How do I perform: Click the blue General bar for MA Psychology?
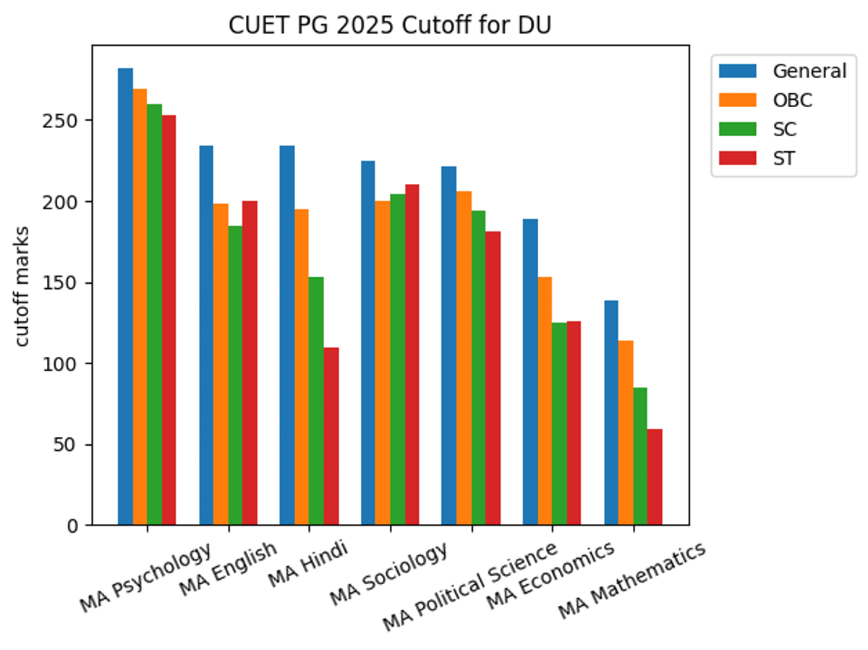tap(125, 297)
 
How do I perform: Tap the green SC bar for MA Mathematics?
tap(640, 456)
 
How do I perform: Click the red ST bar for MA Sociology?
tap(412, 355)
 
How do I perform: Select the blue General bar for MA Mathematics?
tap(611, 413)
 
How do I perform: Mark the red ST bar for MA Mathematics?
tap(655, 477)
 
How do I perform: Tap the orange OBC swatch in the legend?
tap(737, 100)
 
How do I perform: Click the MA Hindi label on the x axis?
tap(307, 566)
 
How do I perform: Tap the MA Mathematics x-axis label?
tap(631, 581)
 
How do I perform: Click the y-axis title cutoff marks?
tap(22, 287)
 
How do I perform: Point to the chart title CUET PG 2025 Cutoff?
tap(391, 25)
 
